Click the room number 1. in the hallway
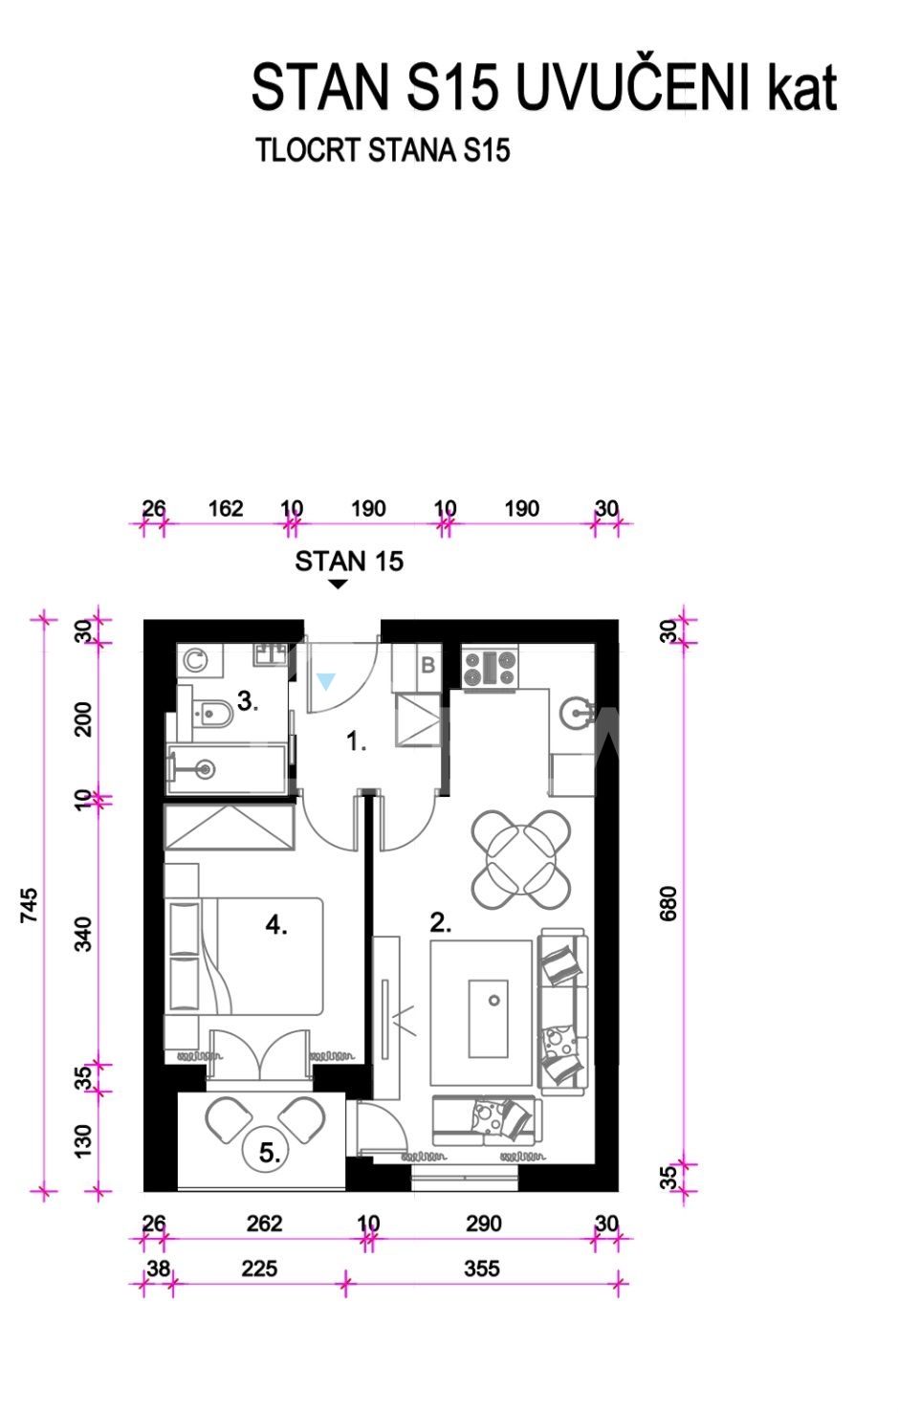pos(357,741)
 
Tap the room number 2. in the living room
pos(441,923)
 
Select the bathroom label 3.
pos(248,701)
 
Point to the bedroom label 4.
pos(276,925)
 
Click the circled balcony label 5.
pos(270,1153)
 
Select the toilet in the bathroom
pos(210,714)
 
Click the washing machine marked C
pos(195,660)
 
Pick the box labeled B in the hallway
pos(428,666)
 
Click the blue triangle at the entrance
pos(325,681)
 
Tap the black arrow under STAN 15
pos(339,585)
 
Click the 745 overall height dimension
pos(29,905)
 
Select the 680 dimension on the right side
pos(668,903)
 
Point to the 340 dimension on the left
pos(83,935)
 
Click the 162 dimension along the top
pos(226,508)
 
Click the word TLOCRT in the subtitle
pos(308,150)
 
